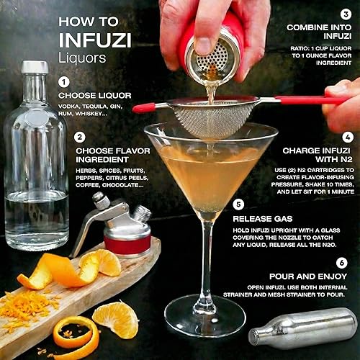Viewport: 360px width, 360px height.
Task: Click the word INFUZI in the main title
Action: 91,35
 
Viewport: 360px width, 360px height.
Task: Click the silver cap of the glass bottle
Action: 35,68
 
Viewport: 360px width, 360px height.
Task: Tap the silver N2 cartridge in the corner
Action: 302,330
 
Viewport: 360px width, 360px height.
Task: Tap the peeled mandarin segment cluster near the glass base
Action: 115,319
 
